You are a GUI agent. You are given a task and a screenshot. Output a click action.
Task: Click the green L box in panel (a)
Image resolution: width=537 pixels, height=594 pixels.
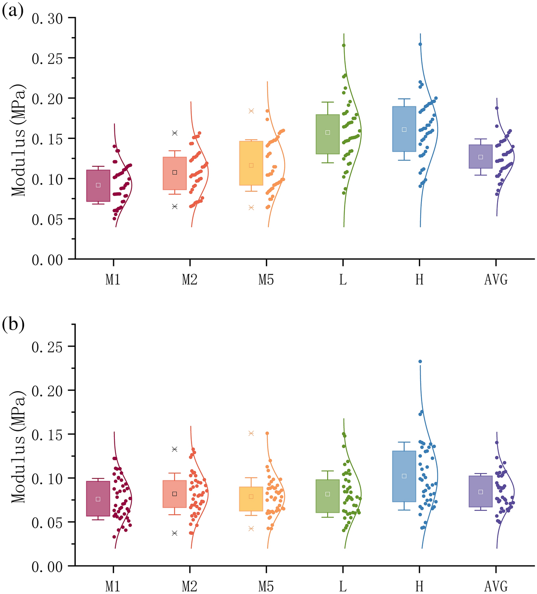(x=328, y=134)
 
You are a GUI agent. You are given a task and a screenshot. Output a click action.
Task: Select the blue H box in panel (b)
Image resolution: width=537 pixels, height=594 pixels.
(x=404, y=476)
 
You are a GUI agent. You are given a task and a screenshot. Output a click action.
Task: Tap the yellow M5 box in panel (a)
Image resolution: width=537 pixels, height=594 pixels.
(x=251, y=163)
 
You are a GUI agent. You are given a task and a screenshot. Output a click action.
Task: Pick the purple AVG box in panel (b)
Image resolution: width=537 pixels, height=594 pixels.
(x=481, y=491)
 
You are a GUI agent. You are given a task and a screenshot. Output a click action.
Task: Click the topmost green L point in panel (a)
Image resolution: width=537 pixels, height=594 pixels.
(x=344, y=45)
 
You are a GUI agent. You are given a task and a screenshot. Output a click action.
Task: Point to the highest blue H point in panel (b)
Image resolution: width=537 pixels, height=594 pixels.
(x=420, y=361)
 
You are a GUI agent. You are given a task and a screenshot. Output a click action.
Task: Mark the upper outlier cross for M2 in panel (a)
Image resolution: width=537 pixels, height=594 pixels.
(x=175, y=133)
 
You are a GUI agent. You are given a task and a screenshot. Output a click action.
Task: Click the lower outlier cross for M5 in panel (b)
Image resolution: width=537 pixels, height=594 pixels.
(x=251, y=528)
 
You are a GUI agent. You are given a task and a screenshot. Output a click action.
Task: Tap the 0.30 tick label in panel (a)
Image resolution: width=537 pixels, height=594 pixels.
(x=48, y=18)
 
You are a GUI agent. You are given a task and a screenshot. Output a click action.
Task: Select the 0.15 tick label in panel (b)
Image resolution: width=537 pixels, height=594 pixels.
(x=48, y=434)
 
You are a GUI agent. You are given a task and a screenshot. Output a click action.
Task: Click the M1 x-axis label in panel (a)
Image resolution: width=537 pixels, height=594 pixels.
(x=113, y=280)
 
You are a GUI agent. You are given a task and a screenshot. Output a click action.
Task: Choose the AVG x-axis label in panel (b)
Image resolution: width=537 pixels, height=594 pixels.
(x=496, y=587)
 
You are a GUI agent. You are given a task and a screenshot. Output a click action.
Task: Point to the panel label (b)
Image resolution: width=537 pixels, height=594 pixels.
(x=13, y=325)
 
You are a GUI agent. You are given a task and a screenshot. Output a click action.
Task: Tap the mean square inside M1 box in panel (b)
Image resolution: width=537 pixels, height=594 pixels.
(x=98, y=499)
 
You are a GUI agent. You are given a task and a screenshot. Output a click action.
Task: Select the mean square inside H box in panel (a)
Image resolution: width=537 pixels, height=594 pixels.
(x=404, y=130)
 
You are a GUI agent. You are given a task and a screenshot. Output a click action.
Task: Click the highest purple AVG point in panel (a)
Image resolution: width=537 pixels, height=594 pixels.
(x=497, y=108)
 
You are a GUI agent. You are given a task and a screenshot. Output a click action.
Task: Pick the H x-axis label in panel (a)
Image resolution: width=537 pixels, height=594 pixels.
(x=419, y=280)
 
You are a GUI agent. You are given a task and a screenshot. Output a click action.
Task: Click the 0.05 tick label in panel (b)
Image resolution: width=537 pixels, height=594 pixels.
(x=48, y=522)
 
